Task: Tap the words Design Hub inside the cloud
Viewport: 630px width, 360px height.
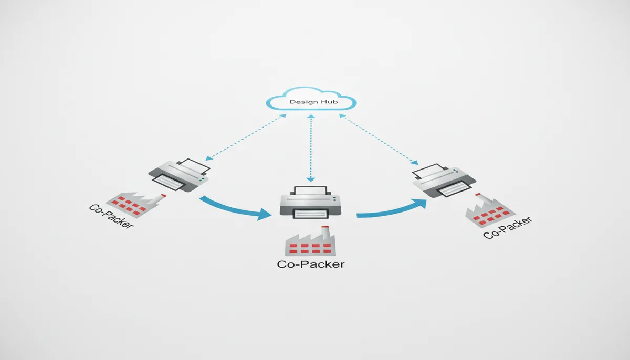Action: (x=311, y=101)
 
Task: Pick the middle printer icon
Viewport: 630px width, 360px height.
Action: (x=311, y=202)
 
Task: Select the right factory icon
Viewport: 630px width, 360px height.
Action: (x=488, y=211)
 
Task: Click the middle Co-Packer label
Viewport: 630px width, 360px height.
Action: (x=311, y=264)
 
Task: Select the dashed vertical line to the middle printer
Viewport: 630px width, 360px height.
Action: (x=311, y=147)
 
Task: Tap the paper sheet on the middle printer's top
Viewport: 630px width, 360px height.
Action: (x=311, y=191)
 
